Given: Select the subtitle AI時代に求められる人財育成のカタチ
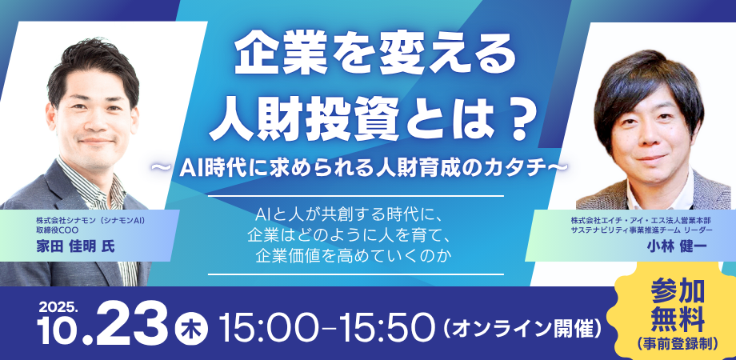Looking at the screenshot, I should tap(367, 167).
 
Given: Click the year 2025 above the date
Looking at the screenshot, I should tap(56, 306).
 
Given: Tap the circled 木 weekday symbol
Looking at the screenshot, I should tap(190, 328).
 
